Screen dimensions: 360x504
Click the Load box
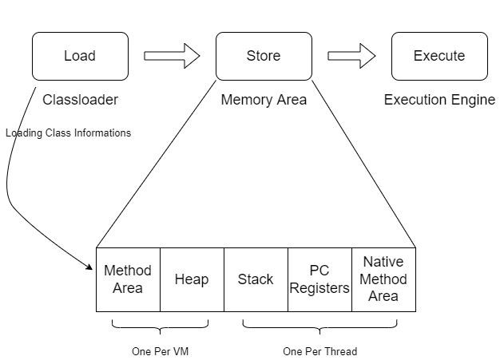(x=80, y=56)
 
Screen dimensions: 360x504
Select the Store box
(x=264, y=56)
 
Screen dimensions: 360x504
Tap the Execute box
(x=439, y=56)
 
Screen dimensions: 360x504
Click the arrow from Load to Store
(x=172, y=56)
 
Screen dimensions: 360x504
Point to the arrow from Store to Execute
(x=351, y=56)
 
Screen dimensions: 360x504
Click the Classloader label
(x=80, y=101)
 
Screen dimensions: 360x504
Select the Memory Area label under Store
(x=264, y=101)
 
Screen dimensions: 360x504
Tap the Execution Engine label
(x=439, y=101)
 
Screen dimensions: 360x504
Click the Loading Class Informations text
(x=68, y=133)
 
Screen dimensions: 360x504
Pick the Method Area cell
(x=128, y=279)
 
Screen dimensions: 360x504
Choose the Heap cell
(x=192, y=279)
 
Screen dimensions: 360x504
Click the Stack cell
(x=256, y=279)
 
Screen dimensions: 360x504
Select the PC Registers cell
(x=319, y=279)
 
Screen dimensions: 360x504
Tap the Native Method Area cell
(x=383, y=279)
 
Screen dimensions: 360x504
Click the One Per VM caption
(x=160, y=351)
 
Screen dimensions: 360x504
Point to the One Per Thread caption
(x=319, y=351)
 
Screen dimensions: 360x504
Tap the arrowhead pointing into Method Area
(x=91, y=267)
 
